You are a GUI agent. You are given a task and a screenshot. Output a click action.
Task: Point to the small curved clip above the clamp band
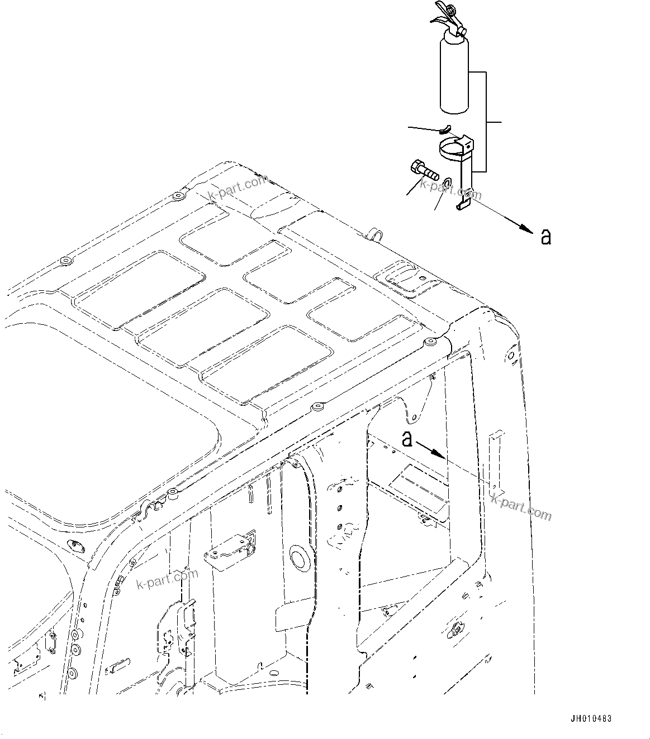pos(445,130)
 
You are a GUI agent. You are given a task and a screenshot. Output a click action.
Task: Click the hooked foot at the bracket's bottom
pos(464,205)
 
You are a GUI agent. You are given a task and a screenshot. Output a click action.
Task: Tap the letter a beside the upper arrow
pos(546,237)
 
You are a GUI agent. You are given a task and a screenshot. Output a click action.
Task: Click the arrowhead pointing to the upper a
pos(525,228)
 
